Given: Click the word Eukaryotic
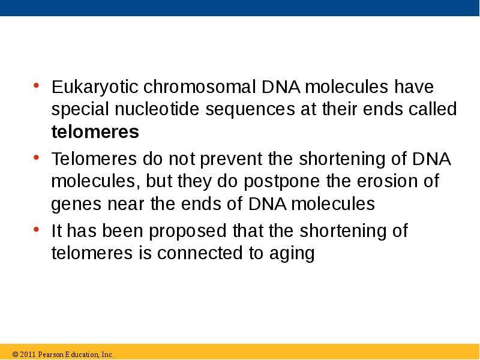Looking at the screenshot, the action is pyautogui.click(x=95, y=87).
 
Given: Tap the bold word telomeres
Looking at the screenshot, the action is pyautogui.click(x=95, y=132).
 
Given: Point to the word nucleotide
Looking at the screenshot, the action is pyautogui.click(x=157, y=109).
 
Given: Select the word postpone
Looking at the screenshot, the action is pyautogui.click(x=281, y=182).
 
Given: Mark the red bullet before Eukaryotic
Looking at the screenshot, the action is pyautogui.click(x=36, y=85).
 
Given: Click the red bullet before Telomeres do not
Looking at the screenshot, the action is pyautogui.click(x=36, y=158).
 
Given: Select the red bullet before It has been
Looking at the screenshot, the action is pyautogui.click(x=36, y=229).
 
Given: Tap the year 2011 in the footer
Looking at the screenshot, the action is pyautogui.click(x=28, y=355).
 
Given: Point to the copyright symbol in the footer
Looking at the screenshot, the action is pyautogui.click(x=16, y=355).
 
